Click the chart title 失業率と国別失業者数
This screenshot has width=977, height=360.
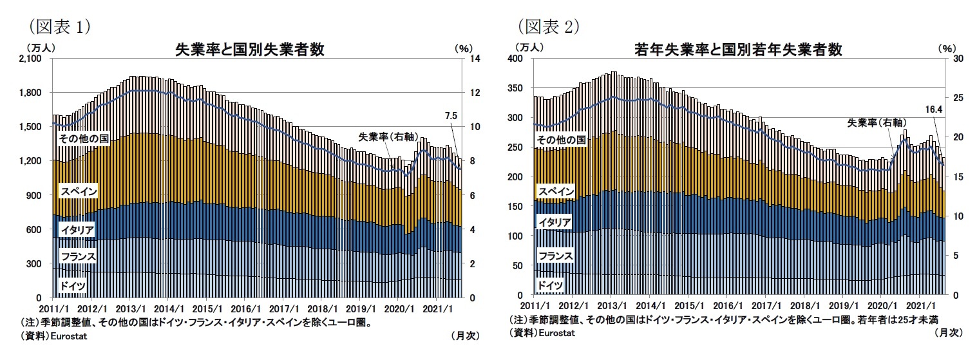[249, 50]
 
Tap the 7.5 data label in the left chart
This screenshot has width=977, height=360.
[451, 117]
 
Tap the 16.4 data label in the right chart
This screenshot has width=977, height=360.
[932, 109]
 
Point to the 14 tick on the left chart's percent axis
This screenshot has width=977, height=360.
[475, 59]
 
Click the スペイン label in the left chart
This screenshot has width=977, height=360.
[78, 191]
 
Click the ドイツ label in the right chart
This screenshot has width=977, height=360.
[551, 285]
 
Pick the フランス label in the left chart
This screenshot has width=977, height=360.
[78, 257]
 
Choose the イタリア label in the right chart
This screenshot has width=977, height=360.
[555, 222]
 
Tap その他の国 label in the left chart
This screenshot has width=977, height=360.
[82, 138]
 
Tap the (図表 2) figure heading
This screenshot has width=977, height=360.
[549, 26]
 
